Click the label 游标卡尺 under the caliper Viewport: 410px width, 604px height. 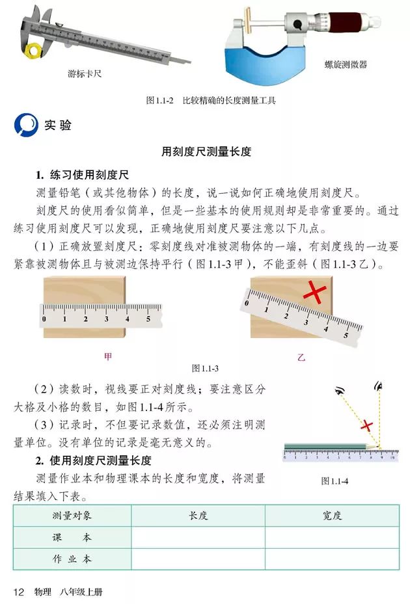pos(85,74)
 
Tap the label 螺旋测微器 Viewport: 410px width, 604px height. pos(346,64)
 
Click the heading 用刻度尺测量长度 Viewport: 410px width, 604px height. pos(206,152)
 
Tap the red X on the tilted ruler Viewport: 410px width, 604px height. pos(314,293)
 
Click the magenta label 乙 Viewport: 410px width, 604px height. pos(301,356)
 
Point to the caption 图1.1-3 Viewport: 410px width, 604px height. pos(205,369)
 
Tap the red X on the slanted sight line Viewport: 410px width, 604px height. pos(366,426)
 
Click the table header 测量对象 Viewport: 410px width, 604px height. pos(72,516)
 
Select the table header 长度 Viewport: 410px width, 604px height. pos(198,516)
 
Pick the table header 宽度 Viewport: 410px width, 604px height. pos(332,516)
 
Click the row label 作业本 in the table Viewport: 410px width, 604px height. pos(72,559)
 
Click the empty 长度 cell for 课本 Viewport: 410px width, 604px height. pos(198,538)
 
